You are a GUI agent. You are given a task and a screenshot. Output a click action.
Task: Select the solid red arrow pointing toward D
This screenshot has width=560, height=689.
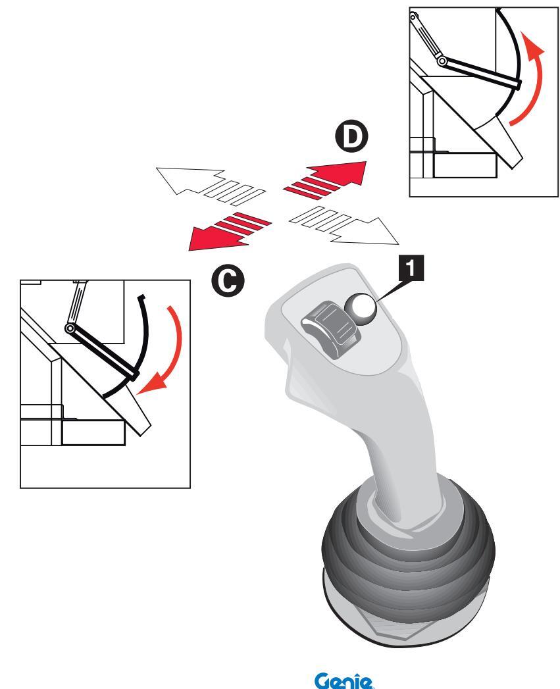point(329,177)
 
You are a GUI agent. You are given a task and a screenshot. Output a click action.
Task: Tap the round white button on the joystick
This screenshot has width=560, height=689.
point(361,307)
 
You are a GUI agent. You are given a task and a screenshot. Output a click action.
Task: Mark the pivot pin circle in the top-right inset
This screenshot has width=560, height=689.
point(443,61)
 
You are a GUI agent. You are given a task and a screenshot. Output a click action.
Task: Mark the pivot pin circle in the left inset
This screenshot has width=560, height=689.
point(70,328)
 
